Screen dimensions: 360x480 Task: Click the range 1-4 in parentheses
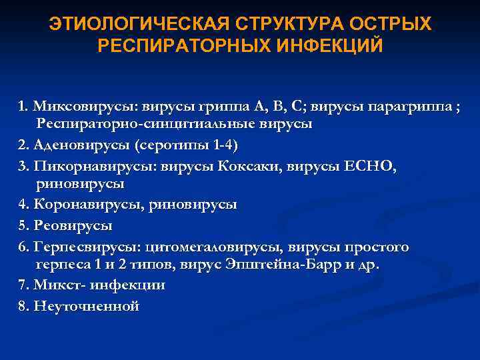tap(220, 145)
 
